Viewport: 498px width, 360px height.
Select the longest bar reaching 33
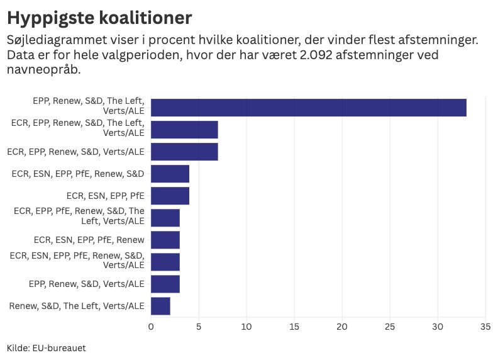[x=308, y=108]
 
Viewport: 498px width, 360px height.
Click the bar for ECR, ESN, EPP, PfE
[x=170, y=196]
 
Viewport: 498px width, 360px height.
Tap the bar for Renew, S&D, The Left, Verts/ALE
[x=160, y=307]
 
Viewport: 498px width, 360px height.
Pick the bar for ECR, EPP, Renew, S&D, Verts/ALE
[x=184, y=152]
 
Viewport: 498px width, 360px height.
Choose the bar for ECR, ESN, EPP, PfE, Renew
[x=165, y=240]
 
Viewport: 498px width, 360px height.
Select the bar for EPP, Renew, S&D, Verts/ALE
[x=165, y=284]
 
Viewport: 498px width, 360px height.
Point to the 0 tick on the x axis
[x=151, y=327]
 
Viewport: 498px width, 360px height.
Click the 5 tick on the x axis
[x=199, y=327]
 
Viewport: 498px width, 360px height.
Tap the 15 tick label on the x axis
[x=294, y=327]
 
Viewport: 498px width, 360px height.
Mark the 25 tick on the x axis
[x=390, y=327]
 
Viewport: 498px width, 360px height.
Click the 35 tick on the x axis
[x=485, y=327]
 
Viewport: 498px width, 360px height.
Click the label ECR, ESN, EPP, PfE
[x=105, y=196]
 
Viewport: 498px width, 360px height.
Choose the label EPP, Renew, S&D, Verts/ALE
[x=86, y=284]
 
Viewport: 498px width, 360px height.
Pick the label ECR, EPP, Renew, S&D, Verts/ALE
[x=75, y=152]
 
